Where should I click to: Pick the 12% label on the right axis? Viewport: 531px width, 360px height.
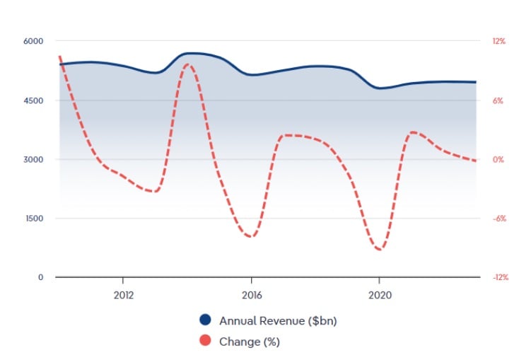(499, 41)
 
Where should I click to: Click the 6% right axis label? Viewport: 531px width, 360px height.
(498, 100)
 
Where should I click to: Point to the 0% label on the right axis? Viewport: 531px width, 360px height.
(498, 159)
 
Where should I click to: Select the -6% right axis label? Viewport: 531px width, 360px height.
(498, 218)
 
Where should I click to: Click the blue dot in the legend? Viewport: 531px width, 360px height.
(206, 320)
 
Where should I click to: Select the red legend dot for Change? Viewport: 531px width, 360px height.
(206, 342)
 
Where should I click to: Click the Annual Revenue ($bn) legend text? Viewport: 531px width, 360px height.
(278, 320)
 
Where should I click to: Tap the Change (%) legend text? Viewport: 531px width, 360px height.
(250, 342)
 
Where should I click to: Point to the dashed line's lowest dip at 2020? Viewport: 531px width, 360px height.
(380, 250)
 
